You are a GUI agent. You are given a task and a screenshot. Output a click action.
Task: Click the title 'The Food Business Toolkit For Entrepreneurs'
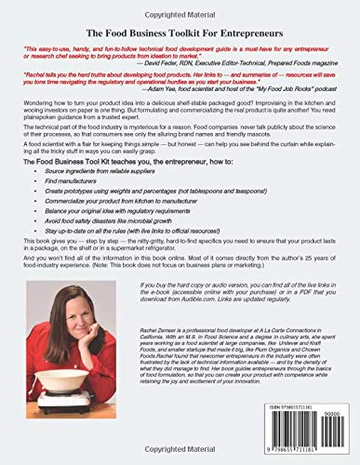click(180, 31)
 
